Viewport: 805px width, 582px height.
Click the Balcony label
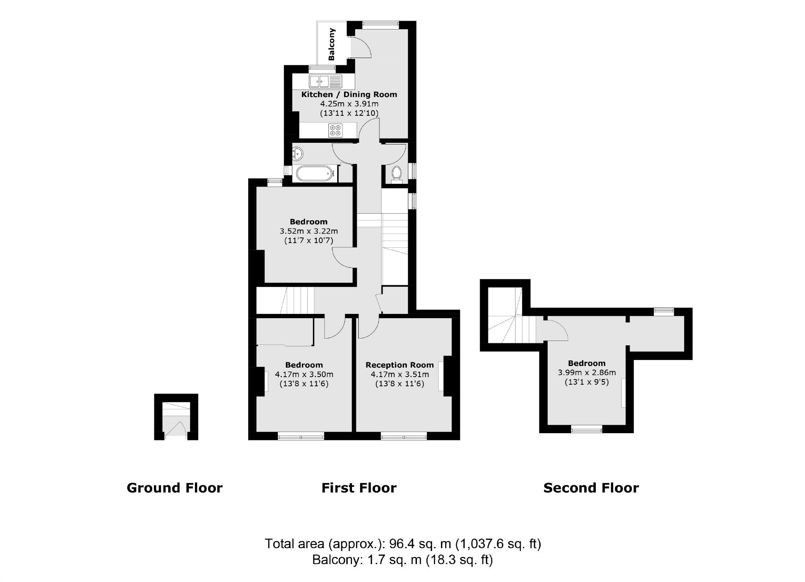(x=332, y=44)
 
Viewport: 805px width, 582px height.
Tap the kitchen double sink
(x=325, y=82)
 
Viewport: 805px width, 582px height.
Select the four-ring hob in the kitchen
(x=335, y=130)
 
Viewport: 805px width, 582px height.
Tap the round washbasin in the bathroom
(x=297, y=153)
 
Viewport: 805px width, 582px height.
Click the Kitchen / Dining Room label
(x=349, y=94)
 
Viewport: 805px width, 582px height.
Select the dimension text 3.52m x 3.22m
(x=309, y=231)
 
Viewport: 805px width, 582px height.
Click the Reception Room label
(x=399, y=365)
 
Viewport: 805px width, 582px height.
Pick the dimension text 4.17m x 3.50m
(x=304, y=374)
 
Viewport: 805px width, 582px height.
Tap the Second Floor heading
(x=591, y=488)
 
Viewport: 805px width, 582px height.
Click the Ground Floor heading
(x=174, y=488)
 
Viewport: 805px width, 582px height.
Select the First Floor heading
(x=359, y=488)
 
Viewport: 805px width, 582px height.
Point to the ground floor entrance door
(x=176, y=430)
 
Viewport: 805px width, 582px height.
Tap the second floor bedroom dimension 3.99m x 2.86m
(x=587, y=373)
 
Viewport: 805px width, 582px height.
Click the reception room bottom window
(x=404, y=437)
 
